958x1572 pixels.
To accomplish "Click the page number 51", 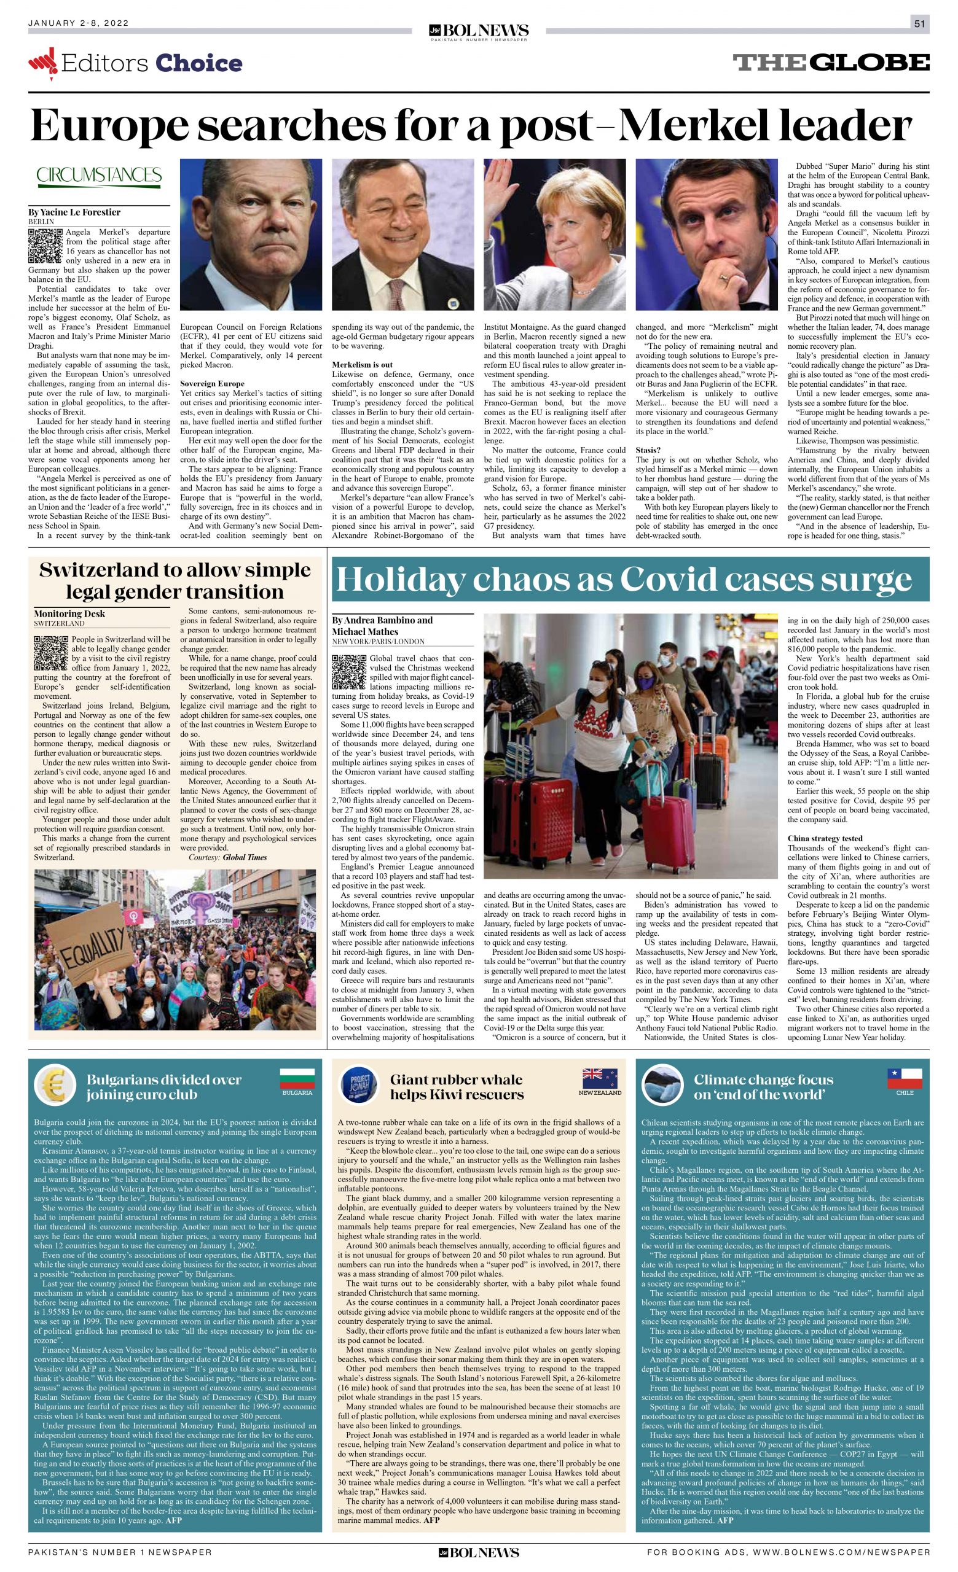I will (x=919, y=23).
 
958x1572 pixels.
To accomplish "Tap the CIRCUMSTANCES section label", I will (x=99, y=176).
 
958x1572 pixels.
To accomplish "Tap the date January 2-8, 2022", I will (x=79, y=23).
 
